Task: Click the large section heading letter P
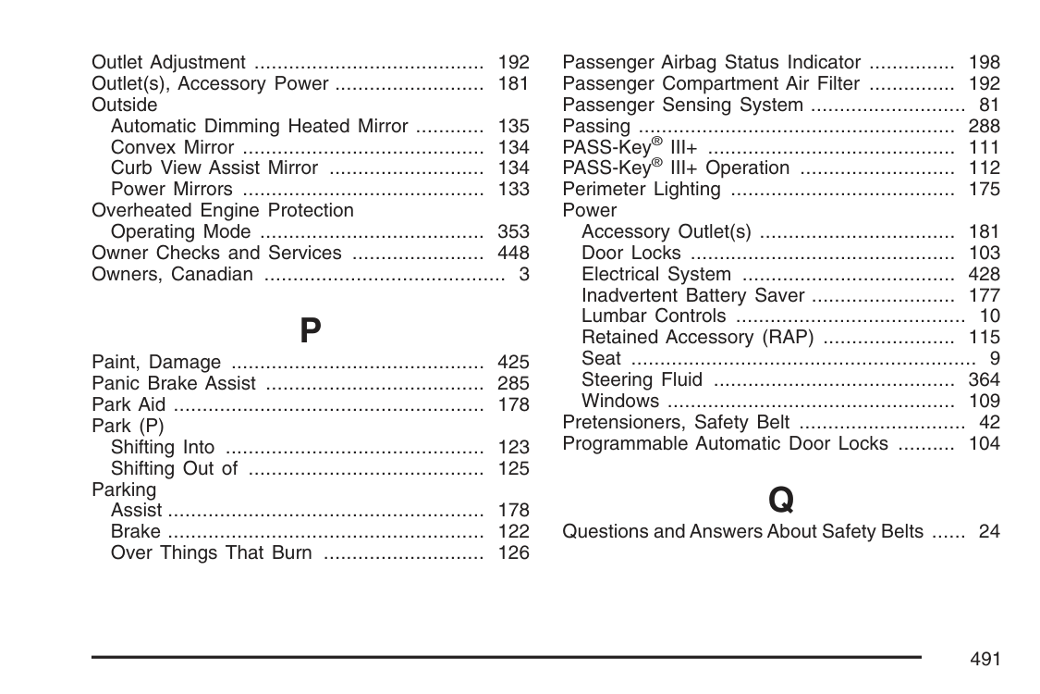tap(311, 330)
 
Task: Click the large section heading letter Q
tap(781, 501)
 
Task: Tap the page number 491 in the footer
tap(985, 659)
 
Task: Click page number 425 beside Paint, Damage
tap(513, 362)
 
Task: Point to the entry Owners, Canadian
tap(172, 274)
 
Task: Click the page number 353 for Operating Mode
tap(513, 231)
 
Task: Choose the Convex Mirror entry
tap(172, 147)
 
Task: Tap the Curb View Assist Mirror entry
tap(214, 168)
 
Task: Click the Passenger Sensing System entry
tap(682, 105)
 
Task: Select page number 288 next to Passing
tap(984, 126)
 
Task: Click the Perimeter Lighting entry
tap(642, 190)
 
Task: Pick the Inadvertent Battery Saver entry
tap(692, 295)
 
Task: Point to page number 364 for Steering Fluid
tap(984, 379)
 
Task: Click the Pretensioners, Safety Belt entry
tap(676, 422)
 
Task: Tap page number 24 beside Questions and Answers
tap(989, 531)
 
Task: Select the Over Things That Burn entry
tap(211, 552)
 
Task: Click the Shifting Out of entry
tap(174, 468)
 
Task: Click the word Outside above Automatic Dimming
tap(125, 105)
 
